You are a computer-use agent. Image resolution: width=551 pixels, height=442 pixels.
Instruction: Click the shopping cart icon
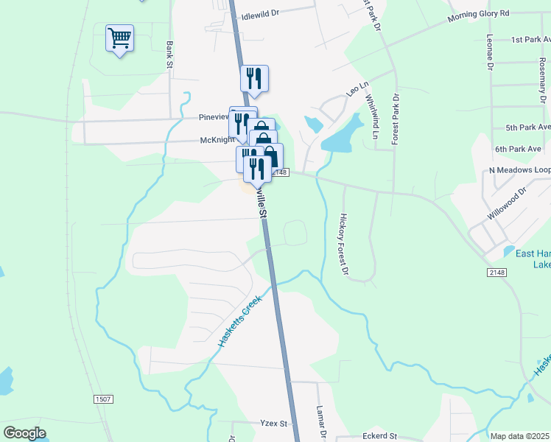coord(119,38)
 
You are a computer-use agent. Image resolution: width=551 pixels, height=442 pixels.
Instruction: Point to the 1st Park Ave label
coord(527,39)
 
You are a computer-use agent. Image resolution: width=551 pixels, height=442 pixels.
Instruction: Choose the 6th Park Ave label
coord(518,149)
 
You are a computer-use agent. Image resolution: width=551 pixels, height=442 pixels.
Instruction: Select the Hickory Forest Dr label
coord(343,244)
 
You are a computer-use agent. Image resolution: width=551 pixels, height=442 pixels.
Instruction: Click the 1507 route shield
coord(103,399)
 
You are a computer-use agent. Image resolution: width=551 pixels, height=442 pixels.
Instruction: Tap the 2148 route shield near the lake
coord(496,273)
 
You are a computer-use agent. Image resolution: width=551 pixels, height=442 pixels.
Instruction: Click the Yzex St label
coord(273,424)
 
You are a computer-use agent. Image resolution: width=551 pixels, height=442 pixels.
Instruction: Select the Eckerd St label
coord(379,436)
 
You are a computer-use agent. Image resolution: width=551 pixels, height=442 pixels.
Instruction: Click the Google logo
coord(24,433)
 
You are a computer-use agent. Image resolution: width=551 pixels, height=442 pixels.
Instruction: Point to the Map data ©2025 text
coord(519,436)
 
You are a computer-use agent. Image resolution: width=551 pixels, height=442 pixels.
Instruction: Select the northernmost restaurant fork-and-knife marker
coord(254,79)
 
